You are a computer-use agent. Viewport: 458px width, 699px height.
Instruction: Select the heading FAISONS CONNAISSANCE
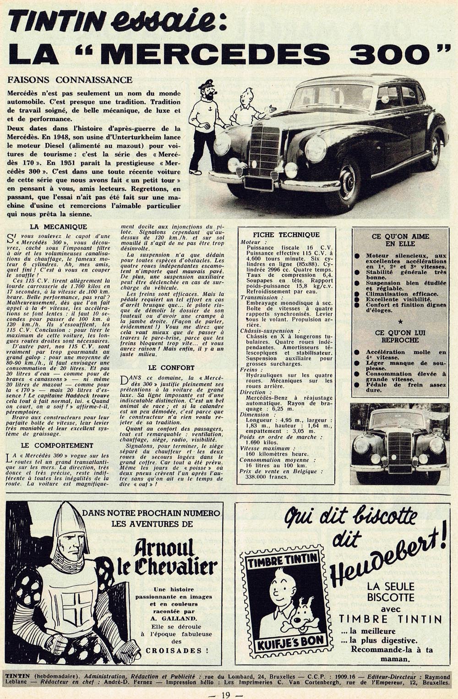pyautogui.click(x=70, y=80)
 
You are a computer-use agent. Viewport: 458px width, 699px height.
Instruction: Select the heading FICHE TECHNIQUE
pyautogui.click(x=286, y=235)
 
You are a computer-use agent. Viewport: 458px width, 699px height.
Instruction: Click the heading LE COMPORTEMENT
pyautogui.click(x=57, y=445)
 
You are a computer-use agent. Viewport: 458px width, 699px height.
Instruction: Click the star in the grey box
pyautogui.click(x=400, y=322)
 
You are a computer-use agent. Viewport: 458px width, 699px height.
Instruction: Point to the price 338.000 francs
pyautogui.click(x=267, y=477)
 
